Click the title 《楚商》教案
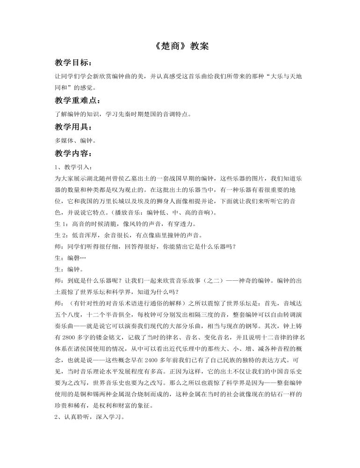click(180, 47)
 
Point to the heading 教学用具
click(73, 127)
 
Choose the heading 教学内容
click(73, 153)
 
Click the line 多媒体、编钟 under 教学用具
click(76, 140)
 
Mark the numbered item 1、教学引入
click(73, 167)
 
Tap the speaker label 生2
click(60, 235)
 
